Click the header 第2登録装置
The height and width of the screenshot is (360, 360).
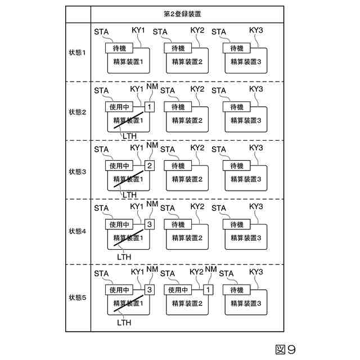[188, 13]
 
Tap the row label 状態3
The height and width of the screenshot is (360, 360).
[78, 170]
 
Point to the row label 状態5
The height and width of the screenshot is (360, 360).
[78, 296]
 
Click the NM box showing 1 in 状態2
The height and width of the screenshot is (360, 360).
[149, 106]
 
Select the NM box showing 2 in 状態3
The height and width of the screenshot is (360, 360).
[149, 165]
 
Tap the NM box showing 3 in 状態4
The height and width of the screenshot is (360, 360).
[149, 224]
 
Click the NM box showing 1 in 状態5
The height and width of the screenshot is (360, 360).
[208, 290]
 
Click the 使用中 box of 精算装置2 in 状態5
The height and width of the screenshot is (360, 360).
[178, 290]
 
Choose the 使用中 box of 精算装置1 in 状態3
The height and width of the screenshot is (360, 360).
[119, 165]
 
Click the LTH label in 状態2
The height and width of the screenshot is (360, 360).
[129, 136]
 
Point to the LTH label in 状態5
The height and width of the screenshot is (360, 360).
[124, 322]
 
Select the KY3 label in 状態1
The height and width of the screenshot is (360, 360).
[256, 29]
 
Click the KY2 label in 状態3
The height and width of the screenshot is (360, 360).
[197, 148]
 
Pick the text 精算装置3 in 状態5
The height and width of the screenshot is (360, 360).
[246, 303]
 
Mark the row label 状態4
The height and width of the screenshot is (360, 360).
[78, 231]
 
